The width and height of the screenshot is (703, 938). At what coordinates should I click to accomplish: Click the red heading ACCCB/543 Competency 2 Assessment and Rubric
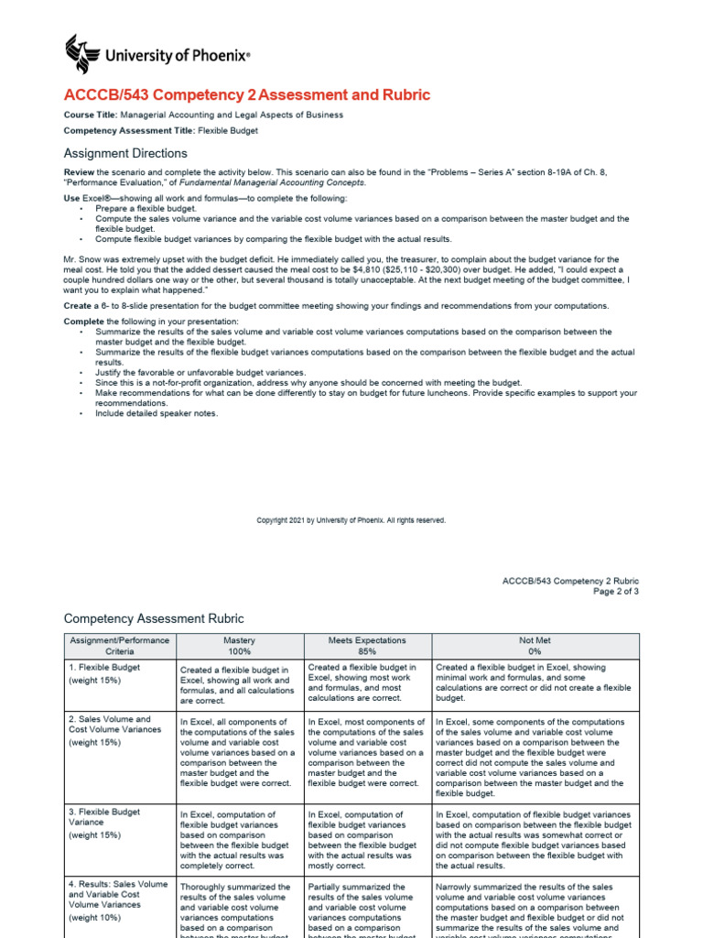coord(246,95)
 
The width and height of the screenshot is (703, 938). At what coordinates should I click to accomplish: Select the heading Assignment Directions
coord(125,153)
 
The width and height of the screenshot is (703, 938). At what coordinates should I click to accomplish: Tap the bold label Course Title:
coord(91,115)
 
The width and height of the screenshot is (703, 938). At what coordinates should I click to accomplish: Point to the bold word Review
coord(80,172)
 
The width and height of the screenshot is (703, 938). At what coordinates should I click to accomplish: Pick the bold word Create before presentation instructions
coord(78,305)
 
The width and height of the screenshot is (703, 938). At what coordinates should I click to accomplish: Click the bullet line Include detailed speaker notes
coord(157,413)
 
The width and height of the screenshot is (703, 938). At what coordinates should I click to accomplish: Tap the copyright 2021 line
coord(351,520)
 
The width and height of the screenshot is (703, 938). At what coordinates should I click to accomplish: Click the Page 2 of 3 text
coord(616,592)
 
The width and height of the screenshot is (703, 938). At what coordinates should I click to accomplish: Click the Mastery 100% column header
coord(239,646)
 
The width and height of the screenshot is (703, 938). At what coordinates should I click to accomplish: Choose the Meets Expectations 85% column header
coord(366,646)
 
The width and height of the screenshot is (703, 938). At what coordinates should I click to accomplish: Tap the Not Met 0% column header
coord(535,646)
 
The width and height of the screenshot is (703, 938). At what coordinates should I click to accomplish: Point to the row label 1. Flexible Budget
coord(104,668)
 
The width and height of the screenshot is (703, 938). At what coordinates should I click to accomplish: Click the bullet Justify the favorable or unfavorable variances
coord(200,373)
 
